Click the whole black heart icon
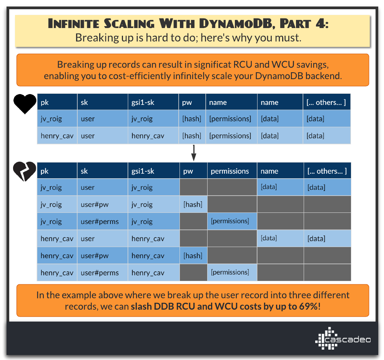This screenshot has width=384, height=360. (25, 103)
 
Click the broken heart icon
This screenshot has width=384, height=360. (25, 172)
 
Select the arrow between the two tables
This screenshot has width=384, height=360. (194, 153)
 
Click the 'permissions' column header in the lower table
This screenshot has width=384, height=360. (230, 171)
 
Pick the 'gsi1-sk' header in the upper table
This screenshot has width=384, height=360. (142, 103)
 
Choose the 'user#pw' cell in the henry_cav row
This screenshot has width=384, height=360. (95, 255)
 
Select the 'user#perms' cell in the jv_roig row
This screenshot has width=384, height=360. (100, 222)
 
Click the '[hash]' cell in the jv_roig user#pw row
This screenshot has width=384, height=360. (193, 204)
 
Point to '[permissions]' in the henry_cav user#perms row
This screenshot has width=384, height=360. (230, 272)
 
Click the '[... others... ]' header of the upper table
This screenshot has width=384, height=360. (326, 103)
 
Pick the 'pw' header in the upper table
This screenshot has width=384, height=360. (187, 103)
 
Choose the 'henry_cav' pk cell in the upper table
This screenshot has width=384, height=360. (57, 136)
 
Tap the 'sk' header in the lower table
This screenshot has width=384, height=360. (84, 171)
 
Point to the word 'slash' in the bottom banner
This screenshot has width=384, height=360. (141, 307)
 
